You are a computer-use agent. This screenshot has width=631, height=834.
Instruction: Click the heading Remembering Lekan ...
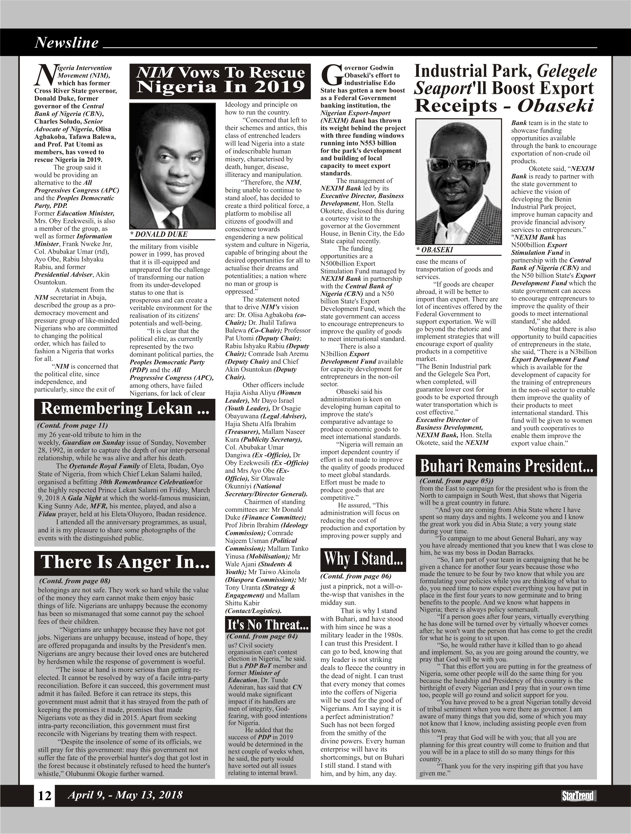(x=124, y=409)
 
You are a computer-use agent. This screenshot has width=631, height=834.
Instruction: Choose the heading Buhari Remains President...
(x=506, y=466)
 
